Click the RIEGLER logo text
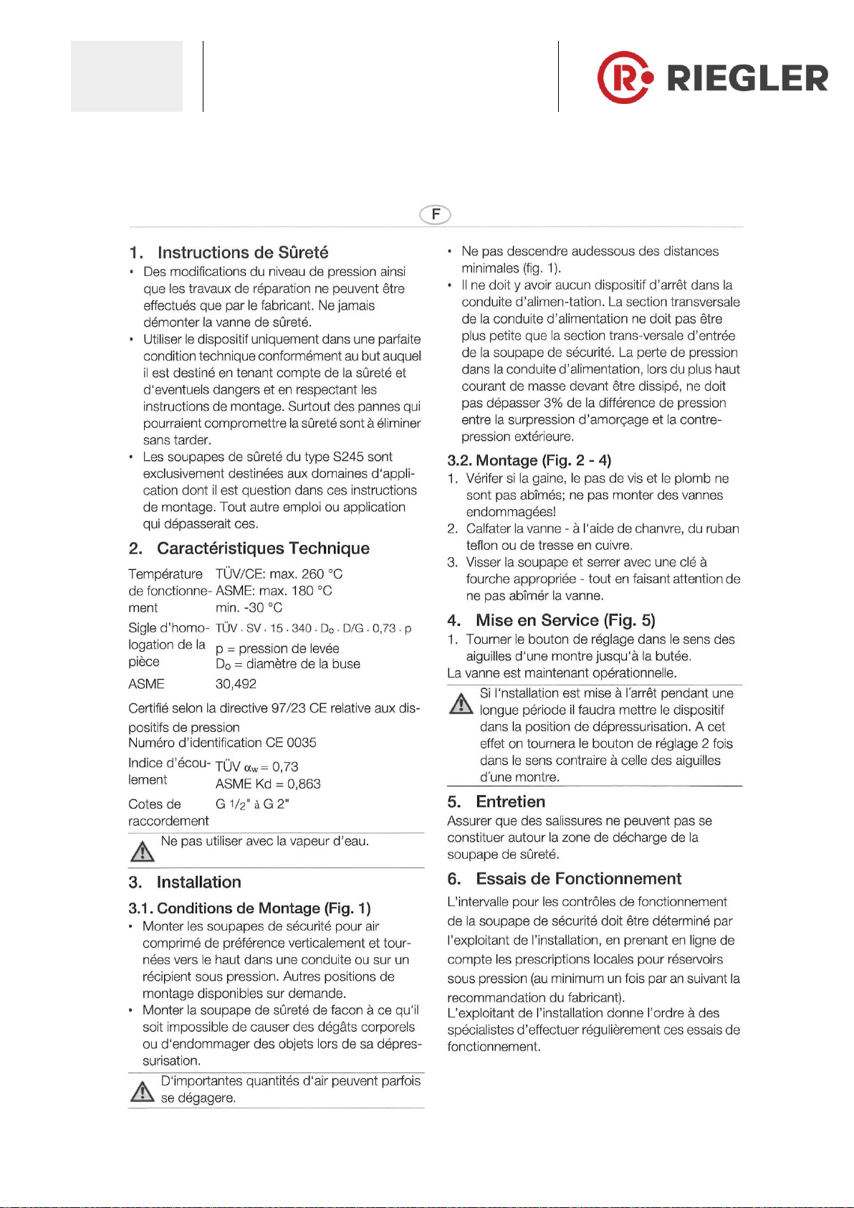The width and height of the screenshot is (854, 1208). tap(747, 77)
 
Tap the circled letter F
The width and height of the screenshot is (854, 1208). tap(436, 214)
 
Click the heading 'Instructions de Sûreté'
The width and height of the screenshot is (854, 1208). tap(242, 252)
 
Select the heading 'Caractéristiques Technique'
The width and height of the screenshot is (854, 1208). tap(263, 548)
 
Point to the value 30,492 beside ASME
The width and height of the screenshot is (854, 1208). tap(236, 684)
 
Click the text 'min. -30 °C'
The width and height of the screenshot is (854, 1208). tap(249, 607)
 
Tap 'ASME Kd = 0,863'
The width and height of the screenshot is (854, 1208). tap(268, 784)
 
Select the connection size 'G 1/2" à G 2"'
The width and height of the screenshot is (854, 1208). tap(252, 804)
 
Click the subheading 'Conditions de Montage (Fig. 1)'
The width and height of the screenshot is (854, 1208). tap(263, 908)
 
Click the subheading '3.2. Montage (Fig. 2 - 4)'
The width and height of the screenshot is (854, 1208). tap(529, 460)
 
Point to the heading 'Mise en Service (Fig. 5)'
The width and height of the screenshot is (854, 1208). tap(565, 620)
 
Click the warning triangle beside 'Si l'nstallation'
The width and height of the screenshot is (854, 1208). tap(461, 703)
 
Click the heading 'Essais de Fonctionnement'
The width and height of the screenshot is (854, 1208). tap(578, 879)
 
